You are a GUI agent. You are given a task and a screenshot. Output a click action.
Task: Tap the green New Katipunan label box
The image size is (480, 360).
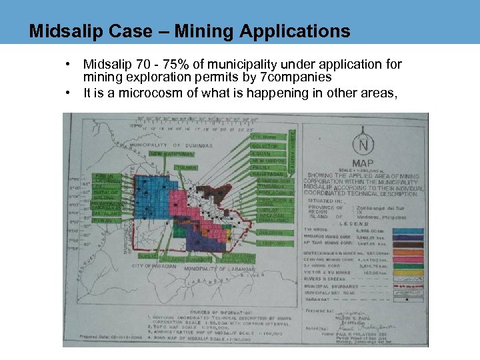(x=165, y=154)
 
